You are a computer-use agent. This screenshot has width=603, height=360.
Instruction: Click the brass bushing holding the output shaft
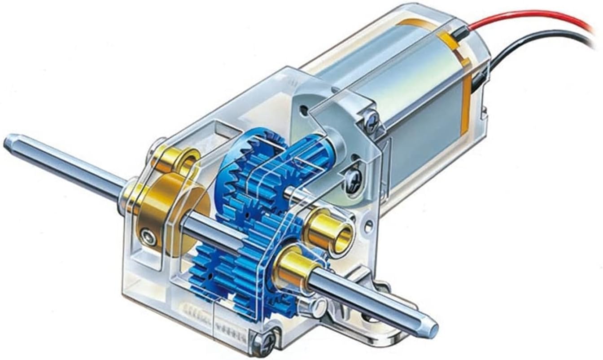(x=294, y=269)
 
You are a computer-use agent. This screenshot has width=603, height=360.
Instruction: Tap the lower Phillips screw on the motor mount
(x=353, y=182)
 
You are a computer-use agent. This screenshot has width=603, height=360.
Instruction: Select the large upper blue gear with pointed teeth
(x=247, y=171)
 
